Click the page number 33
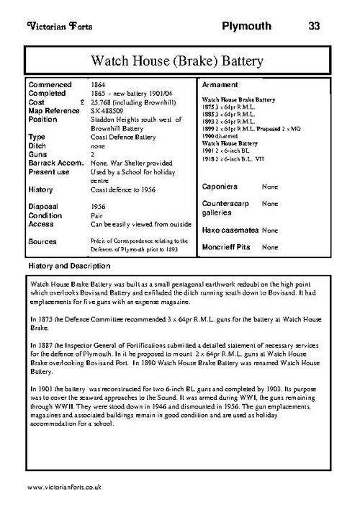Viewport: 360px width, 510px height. [x=313, y=27]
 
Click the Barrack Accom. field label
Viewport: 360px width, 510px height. [x=55, y=163]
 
